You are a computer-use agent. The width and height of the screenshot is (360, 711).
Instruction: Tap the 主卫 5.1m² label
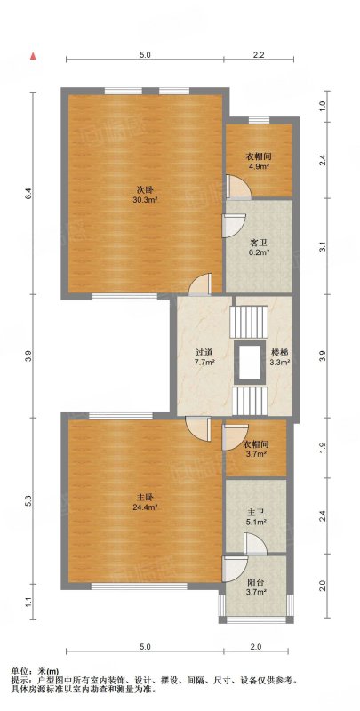click(x=256, y=517)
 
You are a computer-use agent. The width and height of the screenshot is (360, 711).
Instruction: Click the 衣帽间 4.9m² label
click(x=259, y=161)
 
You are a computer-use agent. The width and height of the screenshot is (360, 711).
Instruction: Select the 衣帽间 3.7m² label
click(x=256, y=448)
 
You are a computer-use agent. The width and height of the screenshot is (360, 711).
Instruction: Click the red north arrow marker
click(x=33, y=56)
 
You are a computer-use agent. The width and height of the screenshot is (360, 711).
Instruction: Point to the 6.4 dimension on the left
click(x=28, y=194)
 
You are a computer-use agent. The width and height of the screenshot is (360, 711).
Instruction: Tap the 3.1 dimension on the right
click(x=323, y=248)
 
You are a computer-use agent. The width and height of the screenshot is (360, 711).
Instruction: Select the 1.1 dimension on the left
click(x=28, y=603)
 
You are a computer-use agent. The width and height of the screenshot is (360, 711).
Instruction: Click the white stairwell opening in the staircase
click(x=250, y=363)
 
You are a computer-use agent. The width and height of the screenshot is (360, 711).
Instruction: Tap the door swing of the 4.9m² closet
click(x=238, y=187)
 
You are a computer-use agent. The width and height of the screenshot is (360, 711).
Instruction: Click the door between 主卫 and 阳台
click(x=255, y=544)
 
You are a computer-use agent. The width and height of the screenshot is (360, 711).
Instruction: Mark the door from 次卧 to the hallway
click(x=200, y=284)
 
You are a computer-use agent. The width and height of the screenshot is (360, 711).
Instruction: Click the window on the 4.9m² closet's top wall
click(x=259, y=120)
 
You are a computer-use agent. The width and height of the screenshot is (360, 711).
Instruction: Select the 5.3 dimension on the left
click(x=28, y=501)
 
